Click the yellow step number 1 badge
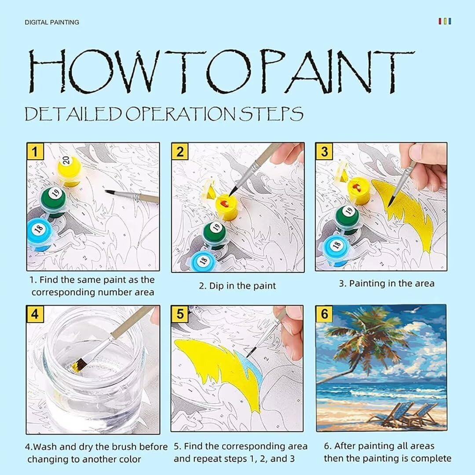pyautogui.click(x=35, y=151)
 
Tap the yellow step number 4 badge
pyautogui.click(x=35, y=314)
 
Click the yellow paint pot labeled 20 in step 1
pyautogui.click(x=69, y=170)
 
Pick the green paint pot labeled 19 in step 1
pyautogui.click(x=54, y=201)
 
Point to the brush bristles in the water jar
pyautogui.click(x=79, y=365)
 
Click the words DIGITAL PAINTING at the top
pyautogui.click(x=52, y=22)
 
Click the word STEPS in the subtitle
pyautogui.click(x=271, y=114)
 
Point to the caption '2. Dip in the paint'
pyautogui.click(x=237, y=286)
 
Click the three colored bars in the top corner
pyautogui.click(x=445, y=21)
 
